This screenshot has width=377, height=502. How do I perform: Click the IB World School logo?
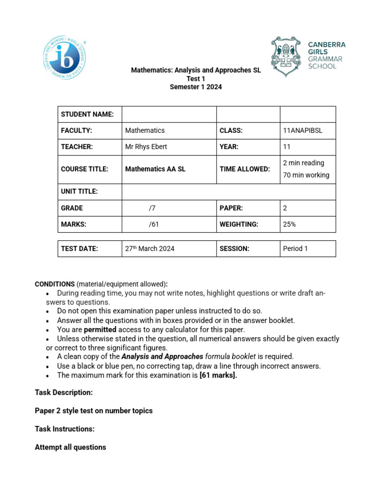coord(64,58)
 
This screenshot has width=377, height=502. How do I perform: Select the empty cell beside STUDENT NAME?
coord(169,114)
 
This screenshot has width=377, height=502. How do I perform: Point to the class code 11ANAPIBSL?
coord(303,130)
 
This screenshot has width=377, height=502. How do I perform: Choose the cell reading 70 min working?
coord(306,175)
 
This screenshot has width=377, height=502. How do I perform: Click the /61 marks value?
coord(154,224)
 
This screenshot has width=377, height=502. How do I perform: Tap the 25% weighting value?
coord(290,224)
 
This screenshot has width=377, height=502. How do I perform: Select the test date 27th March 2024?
coord(150,249)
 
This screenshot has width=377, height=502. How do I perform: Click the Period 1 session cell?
coord(296,249)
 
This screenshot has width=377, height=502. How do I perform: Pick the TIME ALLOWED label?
coord(244,169)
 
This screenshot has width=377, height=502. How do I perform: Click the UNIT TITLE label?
coord(79,192)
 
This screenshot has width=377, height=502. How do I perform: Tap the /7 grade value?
coord(152,208)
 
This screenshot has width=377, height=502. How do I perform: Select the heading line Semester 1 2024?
coord(196,87)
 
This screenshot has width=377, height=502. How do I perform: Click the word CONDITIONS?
coord(54,284)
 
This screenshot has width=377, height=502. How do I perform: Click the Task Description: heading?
coord(63,393)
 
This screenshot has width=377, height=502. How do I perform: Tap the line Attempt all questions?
coord(70,447)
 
